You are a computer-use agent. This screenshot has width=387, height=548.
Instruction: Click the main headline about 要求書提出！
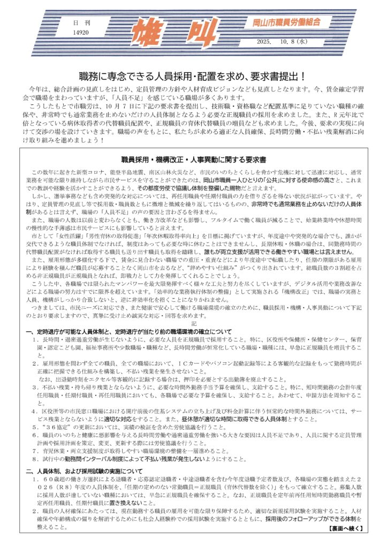click(193, 76)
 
